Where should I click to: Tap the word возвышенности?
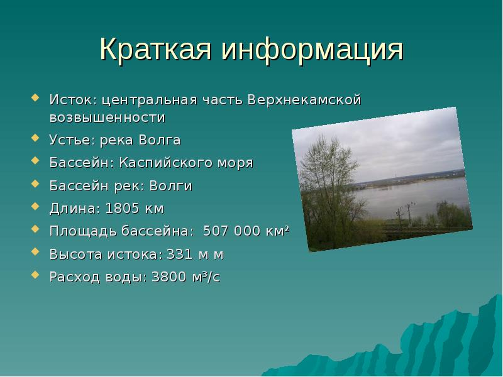[108, 117]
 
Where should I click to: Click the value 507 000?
[229, 231]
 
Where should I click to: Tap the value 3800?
[170, 277]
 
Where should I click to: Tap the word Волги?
[174, 185]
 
